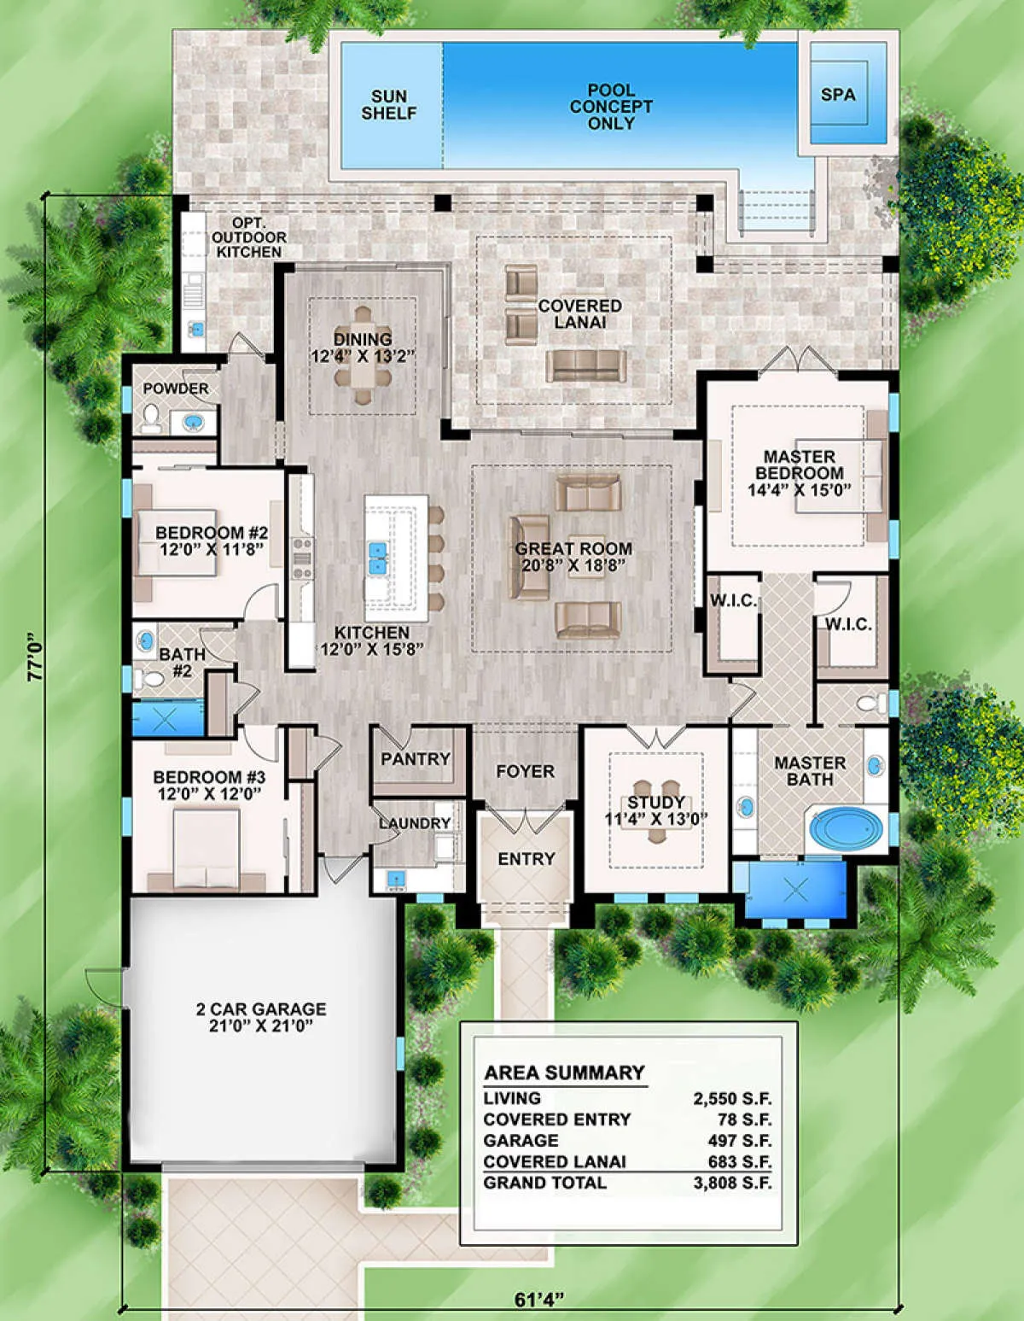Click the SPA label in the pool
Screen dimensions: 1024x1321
pos(838,95)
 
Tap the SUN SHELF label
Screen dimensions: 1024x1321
pos(389,105)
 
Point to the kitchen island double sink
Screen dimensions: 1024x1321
pos(378,559)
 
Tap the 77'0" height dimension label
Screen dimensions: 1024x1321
pos(36,658)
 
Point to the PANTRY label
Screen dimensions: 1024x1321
pos(416,758)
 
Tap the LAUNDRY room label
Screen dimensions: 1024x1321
pos(415,823)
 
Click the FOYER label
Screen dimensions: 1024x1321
pos(526,771)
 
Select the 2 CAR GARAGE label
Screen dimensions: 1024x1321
pos(261,1009)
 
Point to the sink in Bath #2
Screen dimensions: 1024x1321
pos(146,640)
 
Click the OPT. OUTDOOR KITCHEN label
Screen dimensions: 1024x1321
pos(249,237)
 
